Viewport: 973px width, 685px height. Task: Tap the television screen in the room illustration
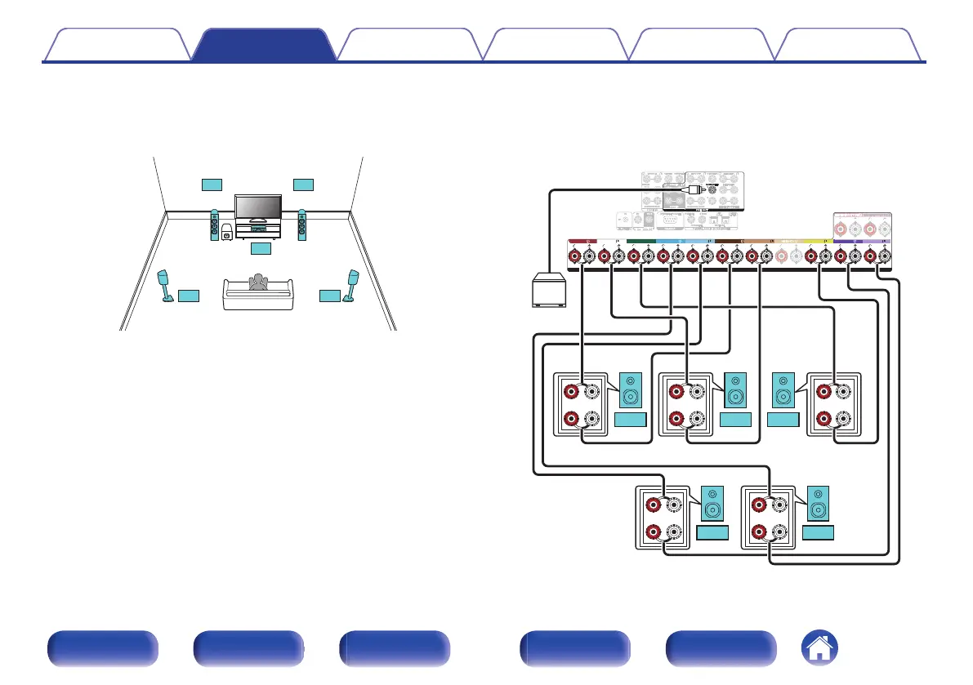[258, 207]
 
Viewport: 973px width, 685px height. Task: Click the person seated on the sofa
[259, 282]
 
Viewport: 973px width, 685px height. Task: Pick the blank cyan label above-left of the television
[211, 184]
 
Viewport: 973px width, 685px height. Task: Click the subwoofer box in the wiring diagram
[547, 291]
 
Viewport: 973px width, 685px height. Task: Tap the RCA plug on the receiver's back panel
[694, 188]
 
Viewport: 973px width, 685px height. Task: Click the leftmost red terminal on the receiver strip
[575, 257]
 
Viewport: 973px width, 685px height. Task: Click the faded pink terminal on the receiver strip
[782, 257]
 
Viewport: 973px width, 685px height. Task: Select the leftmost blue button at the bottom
[102, 649]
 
